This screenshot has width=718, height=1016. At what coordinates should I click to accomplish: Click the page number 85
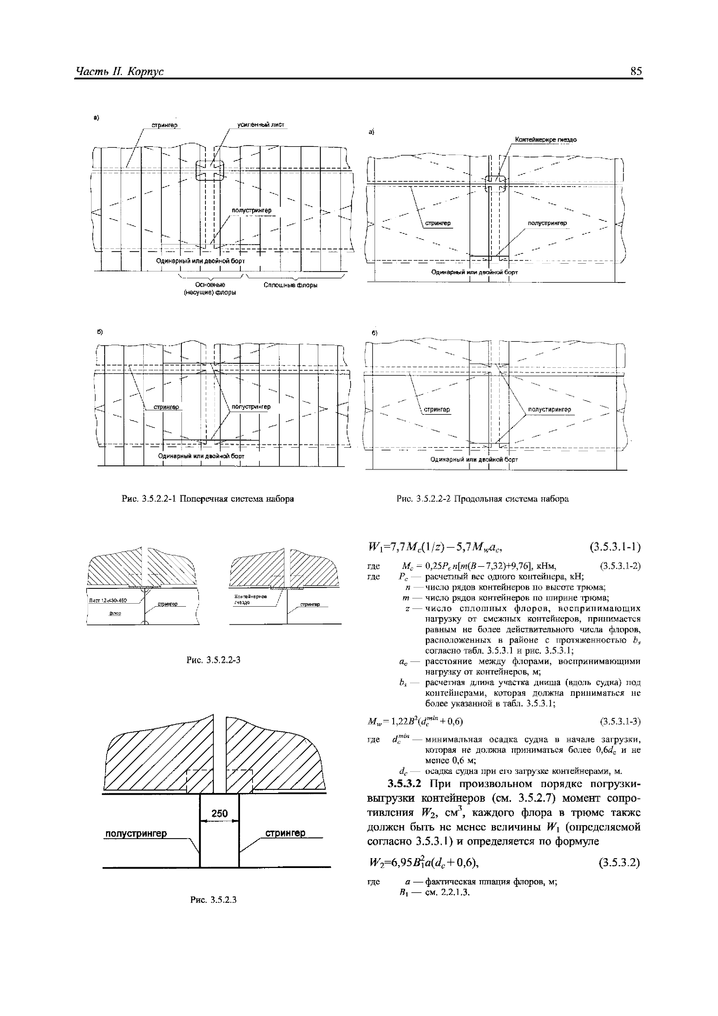point(636,71)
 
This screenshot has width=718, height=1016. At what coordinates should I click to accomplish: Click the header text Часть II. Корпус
point(120,71)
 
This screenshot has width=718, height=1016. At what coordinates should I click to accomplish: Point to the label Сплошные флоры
point(291,285)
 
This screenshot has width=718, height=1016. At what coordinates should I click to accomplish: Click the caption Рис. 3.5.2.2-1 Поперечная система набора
point(208,499)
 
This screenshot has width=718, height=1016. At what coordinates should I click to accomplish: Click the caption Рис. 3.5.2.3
point(214,900)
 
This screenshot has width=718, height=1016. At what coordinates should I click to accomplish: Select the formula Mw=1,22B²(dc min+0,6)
point(415,722)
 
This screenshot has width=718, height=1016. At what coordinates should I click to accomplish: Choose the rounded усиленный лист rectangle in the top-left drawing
point(210,171)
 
